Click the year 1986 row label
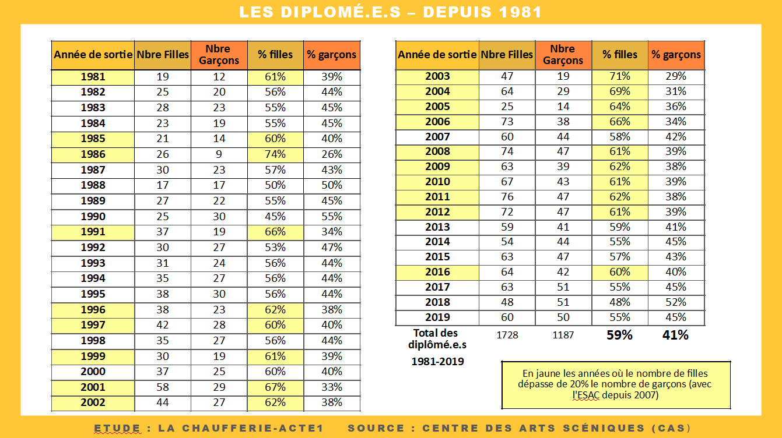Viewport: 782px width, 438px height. pyautogui.click(x=93, y=154)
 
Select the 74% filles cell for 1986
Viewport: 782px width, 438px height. pyautogui.click(x=275, y=154)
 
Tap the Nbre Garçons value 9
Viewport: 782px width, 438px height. pyautogui.click(x=219, y=154)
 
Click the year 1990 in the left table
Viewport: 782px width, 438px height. pyautogui.click(x=93, y=217)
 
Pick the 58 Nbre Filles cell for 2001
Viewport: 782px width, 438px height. pyautogui.click(x=163, y=387)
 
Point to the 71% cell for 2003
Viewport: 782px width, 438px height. pyautogui.click(x=620, y=76)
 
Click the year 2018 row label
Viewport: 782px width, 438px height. pyautogui.click(x=437, y=302)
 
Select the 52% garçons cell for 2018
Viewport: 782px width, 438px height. pyautogui.click(x=676, y=302)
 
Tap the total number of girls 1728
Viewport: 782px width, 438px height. pyautogui.click(x=507, y=335)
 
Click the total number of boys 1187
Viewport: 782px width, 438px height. pyautogui.click(x=563, y=335)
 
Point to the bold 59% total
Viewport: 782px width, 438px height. pyautogui.click(x=619, y=335)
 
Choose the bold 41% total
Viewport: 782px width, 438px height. pyautogui.click(x=675, y=335)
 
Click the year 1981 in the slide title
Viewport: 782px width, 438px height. pyautogui.click(x=520, y=12)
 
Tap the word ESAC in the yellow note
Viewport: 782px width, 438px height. pyautogui.click(x=585, y=395)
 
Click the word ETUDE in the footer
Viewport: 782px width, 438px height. pyautogui.click(x=117, y=428)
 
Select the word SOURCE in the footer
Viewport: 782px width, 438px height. pyautogui.click(x=376, y=428)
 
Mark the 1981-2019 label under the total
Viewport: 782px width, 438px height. pyautogui.click(x=437, y=361)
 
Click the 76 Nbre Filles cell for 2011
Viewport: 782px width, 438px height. pyautogui.click(x=507, y=197)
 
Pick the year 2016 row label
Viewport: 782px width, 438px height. pyautogui.click(x=437, y=272)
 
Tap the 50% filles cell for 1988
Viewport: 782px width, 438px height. pyautogui.click(x=275, y=185)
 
